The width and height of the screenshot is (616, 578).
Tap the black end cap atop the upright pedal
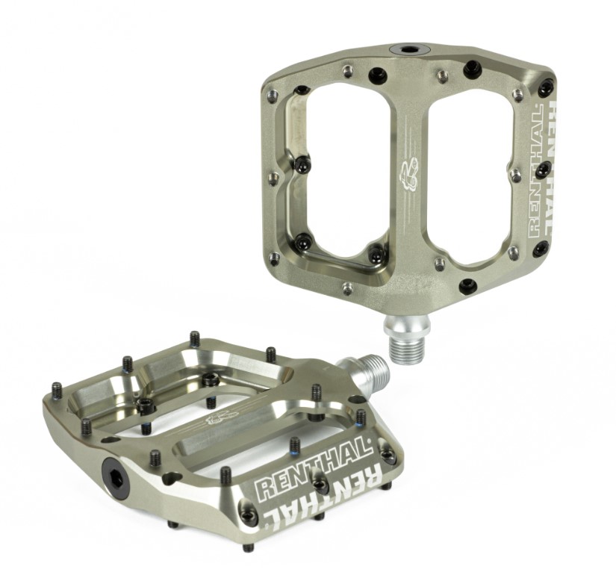point(409,50)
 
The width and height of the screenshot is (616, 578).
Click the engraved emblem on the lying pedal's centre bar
point(221,417)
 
